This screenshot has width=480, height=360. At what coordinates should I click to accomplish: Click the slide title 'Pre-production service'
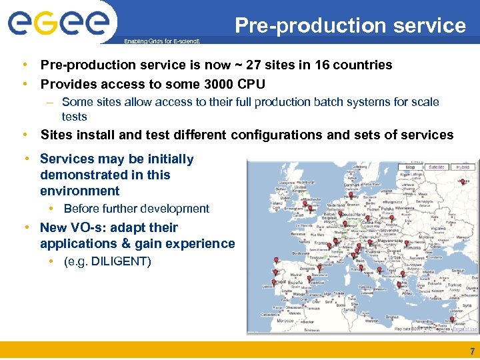pyautogui.click(x=350, y=25)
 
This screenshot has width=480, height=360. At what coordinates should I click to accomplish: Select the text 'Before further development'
pyautogui.click(x=136, y=209)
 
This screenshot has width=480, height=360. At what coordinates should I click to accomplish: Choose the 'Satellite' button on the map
pyautogui.click(x=437, y=167)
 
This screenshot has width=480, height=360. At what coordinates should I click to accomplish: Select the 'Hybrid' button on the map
pyautogui.click(x=463, y=167)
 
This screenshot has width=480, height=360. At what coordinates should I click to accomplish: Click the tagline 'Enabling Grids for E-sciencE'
pyautogui.click(x=163, y=41)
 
